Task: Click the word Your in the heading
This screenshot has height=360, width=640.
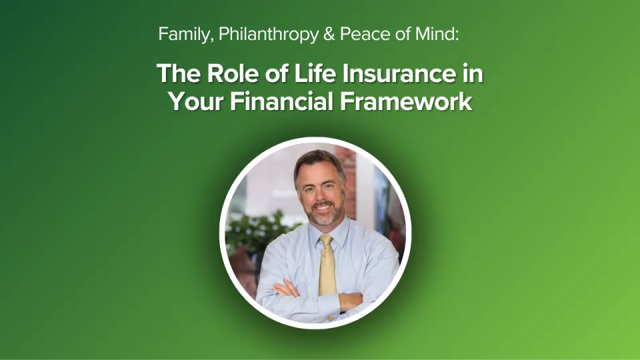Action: click(x=193, y=102)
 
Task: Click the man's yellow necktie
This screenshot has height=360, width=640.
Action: click(x=327, y=267)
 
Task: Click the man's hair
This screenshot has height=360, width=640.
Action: click(x=319, y=161)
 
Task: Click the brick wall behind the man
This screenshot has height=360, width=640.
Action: click(x=347, y=163)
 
